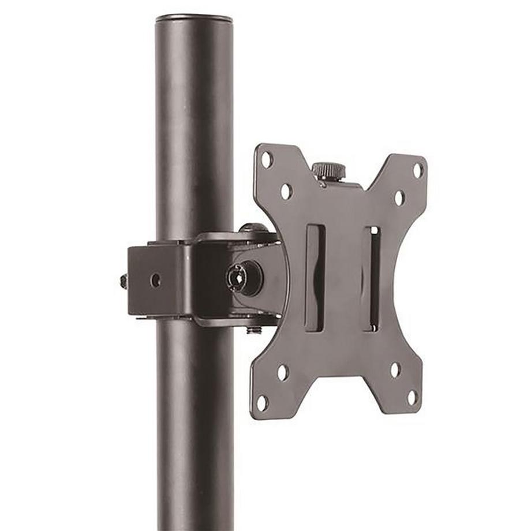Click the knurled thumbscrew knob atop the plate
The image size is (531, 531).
coord(328,170)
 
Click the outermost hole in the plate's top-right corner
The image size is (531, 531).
coord(417,170)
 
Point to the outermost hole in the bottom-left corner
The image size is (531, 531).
coord(263,403)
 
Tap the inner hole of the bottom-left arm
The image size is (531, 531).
coord(283,372)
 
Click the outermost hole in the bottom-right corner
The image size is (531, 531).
coord(412,397)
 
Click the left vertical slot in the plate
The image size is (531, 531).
coord(315,278)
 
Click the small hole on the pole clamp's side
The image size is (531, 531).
coord(155,281)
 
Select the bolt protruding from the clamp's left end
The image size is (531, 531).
coord(124,281)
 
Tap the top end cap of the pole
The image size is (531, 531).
coord(194,19)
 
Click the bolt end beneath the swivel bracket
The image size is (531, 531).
coord(253,330)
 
